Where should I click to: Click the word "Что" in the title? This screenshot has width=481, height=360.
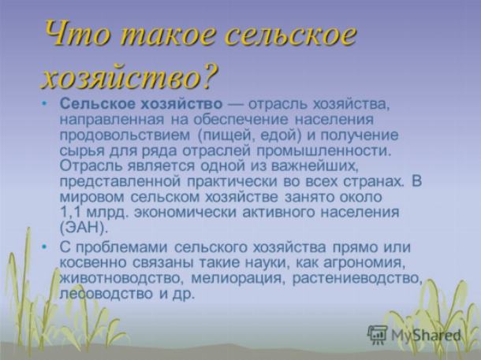(77, 34)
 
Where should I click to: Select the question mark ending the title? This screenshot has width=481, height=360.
(210, 75)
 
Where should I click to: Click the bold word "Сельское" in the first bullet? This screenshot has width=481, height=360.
(97, 104)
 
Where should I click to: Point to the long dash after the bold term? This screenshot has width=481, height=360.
(235, 105)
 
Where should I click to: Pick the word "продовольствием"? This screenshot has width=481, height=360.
(125, 135)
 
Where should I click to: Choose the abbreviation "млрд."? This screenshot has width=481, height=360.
(106, 213)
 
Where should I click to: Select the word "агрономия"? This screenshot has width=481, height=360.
(362, 263)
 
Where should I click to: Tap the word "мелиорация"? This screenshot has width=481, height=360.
(237, 278)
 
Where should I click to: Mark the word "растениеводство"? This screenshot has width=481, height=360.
(356, 279)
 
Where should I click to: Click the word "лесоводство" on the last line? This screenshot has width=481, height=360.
(106, 294)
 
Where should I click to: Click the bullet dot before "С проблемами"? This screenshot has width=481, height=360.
(45, 247)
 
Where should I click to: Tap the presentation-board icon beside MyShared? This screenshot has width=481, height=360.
(378, 335)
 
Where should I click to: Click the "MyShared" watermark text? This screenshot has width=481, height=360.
(426, 335)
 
